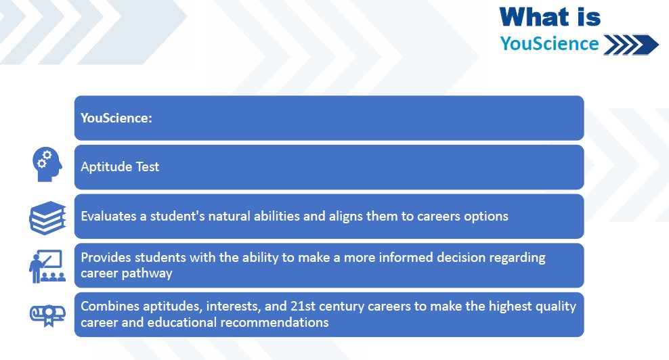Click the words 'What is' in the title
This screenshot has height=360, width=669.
[x=550, y=18]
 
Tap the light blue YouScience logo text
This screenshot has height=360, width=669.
[x=550, y=43]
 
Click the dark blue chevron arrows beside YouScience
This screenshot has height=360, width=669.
[x=631, y=45]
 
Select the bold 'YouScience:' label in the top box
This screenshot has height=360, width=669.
[x=116, y=118]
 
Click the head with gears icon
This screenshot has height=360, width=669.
[x=47, y=164]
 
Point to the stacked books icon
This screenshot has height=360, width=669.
[x=48, y=218]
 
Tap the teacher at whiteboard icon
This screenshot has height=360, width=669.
[x=47, y=266]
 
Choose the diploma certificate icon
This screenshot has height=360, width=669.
[x=47, y=315]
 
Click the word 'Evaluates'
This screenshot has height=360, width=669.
[x=109, y=217]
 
